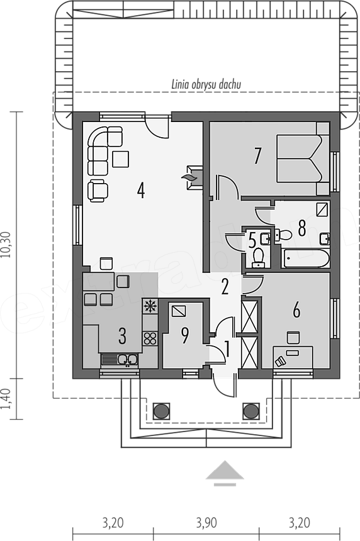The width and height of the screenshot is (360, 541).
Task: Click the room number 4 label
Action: point(140,190)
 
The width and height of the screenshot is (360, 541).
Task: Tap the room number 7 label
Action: point(257,155)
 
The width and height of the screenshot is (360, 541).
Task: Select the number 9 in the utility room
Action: point(185,335)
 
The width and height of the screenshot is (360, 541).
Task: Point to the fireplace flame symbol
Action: point(189,177)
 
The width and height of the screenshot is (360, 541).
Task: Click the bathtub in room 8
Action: point(305,258)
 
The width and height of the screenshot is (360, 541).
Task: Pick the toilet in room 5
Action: point(258,258)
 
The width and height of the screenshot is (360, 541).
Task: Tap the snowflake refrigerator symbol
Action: point(150,306)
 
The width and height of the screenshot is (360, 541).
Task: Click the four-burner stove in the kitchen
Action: point(150,338)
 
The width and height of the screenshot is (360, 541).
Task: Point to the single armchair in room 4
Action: point(98,191)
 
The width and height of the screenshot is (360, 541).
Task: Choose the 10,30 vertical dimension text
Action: point(8,245)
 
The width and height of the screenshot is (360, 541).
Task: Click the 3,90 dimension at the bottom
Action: point(206,523)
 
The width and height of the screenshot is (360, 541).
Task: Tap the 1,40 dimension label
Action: point(8,399)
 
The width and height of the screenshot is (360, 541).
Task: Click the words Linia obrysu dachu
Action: point(206,85)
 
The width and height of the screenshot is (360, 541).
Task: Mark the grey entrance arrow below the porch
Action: point(225,473)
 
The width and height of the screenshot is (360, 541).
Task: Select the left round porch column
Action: point(161,411)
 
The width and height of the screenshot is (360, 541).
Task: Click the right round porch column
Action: point(250,411)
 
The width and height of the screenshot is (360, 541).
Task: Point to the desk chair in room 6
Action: point(293,337)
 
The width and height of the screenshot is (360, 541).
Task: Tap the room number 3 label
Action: point(122,336)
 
